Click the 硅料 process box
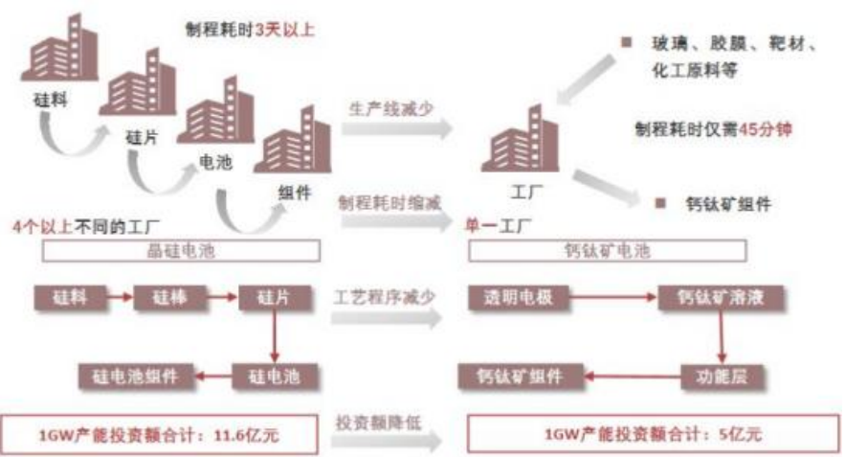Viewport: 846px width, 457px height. (69, 299)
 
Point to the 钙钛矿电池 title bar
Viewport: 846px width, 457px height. (609, 252)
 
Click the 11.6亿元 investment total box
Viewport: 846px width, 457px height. (161, 434)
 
